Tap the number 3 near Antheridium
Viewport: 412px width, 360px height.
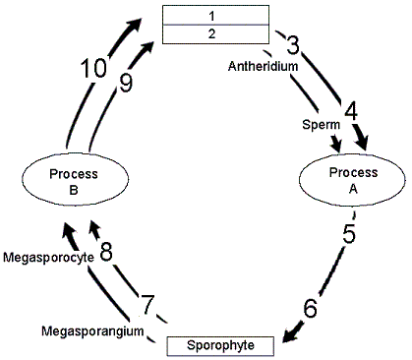tap(292, 46)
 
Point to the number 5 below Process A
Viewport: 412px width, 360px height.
tap(348, 236)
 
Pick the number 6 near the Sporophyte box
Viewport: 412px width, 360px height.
tap(311, 308)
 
